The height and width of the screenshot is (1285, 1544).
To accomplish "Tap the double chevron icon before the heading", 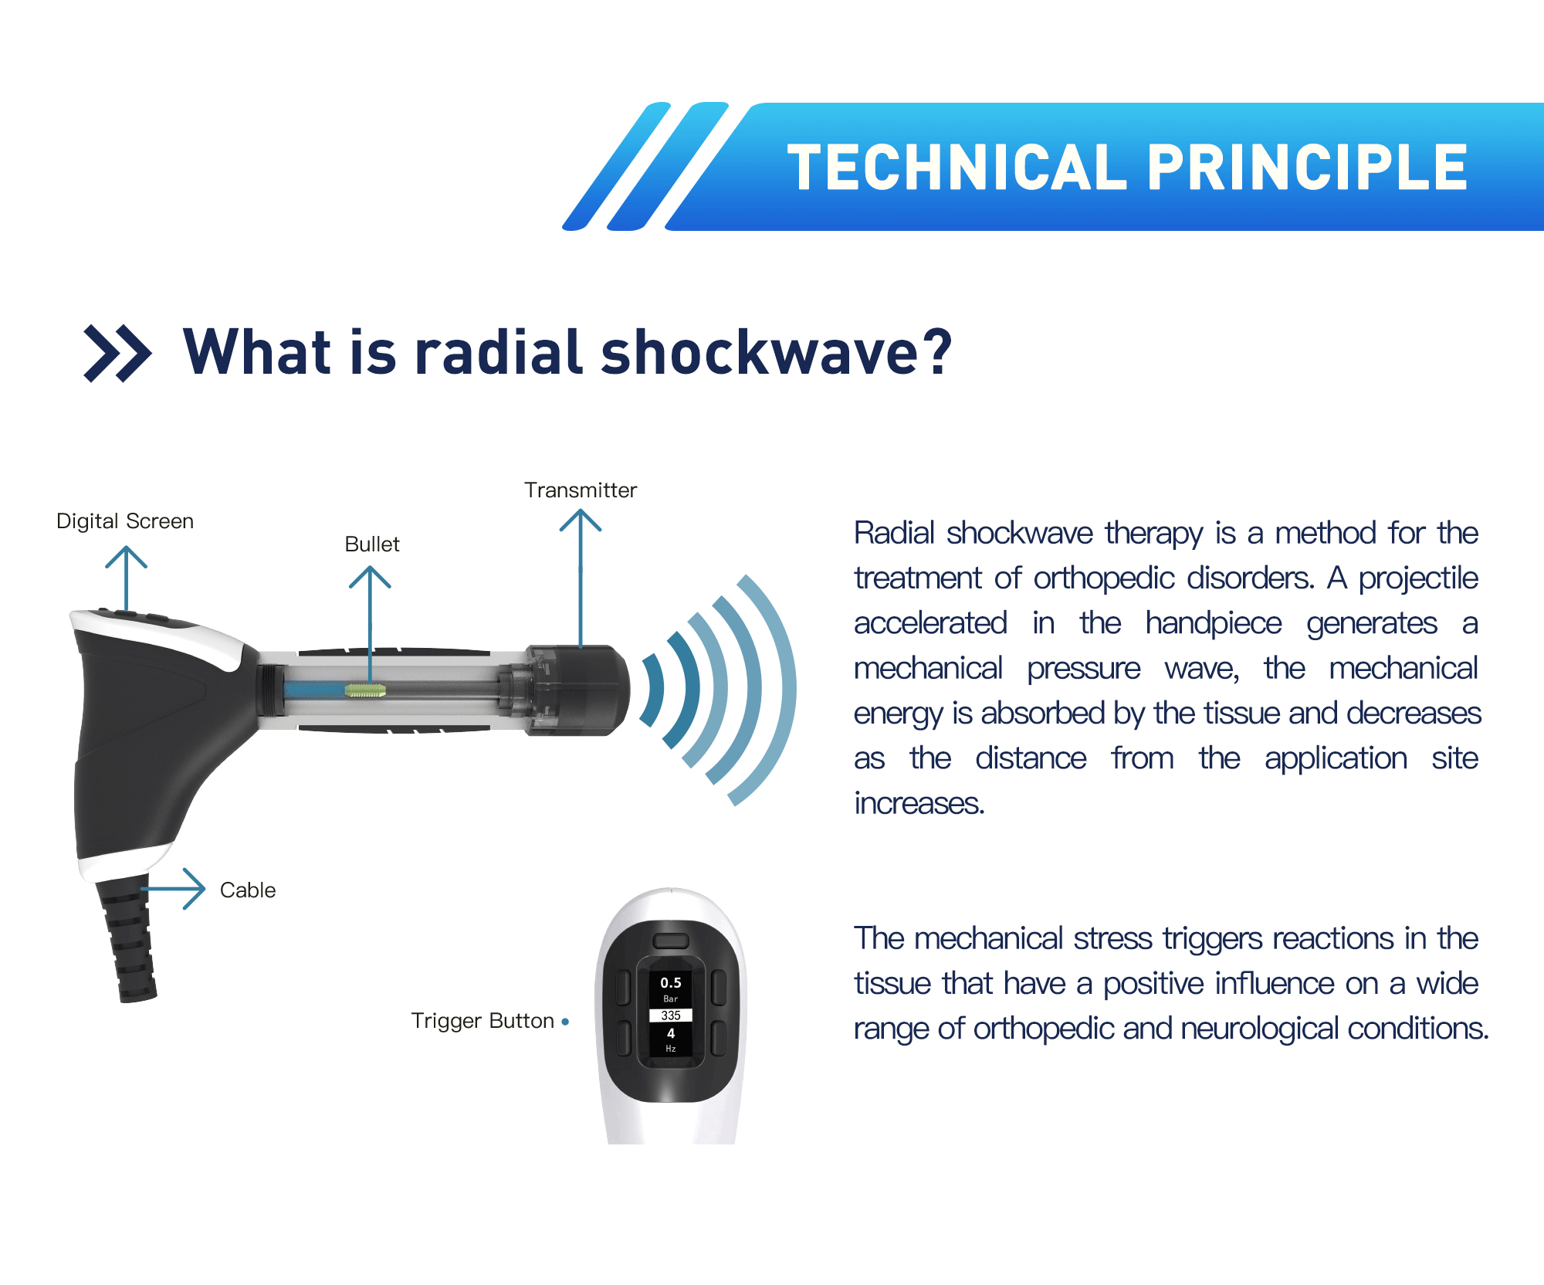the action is click(117, 354).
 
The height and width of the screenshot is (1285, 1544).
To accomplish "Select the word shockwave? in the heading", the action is click(777, 352).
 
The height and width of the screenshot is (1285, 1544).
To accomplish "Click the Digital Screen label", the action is click(125, 521).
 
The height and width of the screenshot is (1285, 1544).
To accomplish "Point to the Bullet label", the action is click(372, 544).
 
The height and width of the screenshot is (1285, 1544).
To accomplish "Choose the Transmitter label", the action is click(581, 490).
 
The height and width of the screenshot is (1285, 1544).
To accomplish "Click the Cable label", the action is click(248, 890).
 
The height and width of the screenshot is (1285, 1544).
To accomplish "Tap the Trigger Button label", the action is click(482, 1021).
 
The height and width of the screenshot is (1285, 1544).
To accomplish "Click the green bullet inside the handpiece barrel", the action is click(366, 690).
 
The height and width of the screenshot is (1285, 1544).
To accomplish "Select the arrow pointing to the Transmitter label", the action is click(581, 579).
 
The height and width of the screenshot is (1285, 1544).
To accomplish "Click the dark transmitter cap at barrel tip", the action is click(579, 690).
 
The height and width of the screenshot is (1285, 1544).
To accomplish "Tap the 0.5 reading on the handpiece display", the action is click(671, 983).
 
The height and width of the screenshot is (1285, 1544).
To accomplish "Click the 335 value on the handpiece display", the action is click(671, 1015).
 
